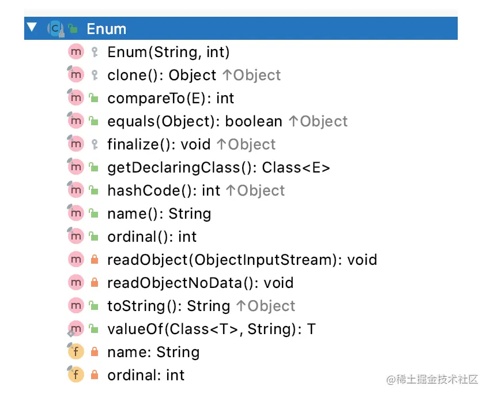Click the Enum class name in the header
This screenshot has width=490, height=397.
(x=106, y=29)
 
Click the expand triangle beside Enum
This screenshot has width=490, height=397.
(x=32, y=27)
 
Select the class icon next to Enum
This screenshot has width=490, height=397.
(x=55, y=29)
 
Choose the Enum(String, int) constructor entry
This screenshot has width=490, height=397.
(x=168, y=52)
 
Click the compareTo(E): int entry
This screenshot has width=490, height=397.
(x=171, y=98)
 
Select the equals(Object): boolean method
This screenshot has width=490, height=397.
(x=195, y=121)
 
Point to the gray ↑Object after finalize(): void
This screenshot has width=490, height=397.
(x=246, y=144)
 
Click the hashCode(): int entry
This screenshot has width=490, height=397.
(x=164, y=190)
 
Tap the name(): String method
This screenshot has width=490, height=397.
(x=159, y=214)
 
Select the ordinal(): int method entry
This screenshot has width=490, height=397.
(x=152, y=237)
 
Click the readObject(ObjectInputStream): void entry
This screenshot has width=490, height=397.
(x=242, y=260)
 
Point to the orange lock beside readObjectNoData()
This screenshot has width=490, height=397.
(x=95, y=283)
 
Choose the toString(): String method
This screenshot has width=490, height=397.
(x=169, y=306)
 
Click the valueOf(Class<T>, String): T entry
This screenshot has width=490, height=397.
(x=212, y=329)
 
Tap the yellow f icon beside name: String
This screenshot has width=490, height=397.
(x=76, y=351)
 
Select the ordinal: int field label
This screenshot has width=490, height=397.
(x=146, y=375)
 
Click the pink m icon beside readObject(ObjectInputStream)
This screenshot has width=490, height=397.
(x=76, y=259)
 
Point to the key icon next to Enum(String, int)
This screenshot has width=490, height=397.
(x=95, y=52)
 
